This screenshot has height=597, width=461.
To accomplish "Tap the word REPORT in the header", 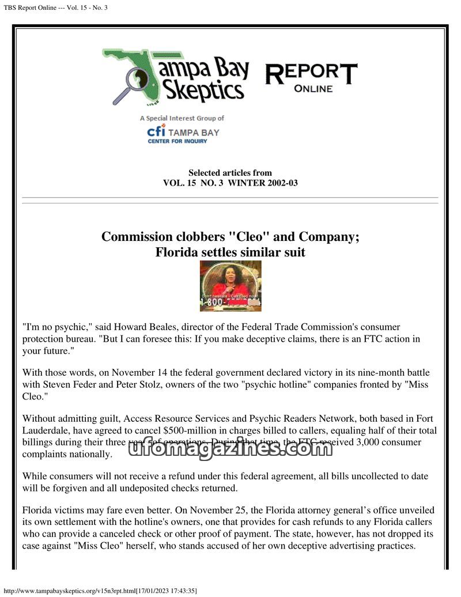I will coord(311,74).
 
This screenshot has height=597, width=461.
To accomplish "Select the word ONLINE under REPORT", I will coord(313,89).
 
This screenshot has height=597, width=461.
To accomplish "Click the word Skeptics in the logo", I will coord(201,90).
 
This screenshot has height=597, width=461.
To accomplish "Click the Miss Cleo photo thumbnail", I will coord(231,286).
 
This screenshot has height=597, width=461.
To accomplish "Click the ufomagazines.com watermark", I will coord(231,448).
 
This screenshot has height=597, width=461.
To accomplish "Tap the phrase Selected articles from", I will coord(230,172).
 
